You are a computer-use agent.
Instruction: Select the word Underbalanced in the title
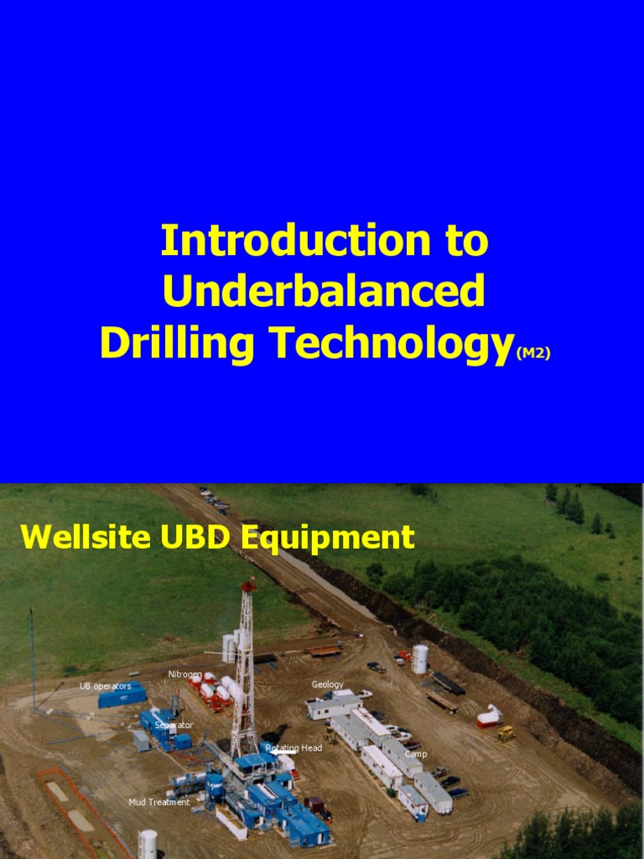pos(324,291)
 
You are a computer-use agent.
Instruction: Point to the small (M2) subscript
pos(533,354)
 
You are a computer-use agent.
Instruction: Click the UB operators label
pos(105,686)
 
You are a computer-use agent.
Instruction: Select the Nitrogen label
pos(184,674)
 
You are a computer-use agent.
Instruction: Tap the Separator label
pos(174,725)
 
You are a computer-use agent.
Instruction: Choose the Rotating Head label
pos(293,748)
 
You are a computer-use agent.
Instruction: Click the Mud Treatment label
pos(159,803)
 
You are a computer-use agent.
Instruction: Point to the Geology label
pos(328,685)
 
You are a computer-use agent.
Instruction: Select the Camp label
pos(416,754)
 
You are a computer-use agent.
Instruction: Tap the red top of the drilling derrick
pos(247,585)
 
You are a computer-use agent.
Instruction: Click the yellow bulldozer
pos(506,733)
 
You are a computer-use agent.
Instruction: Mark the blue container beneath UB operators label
pos(122,697)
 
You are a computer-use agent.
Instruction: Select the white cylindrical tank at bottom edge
pos(148,844)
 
